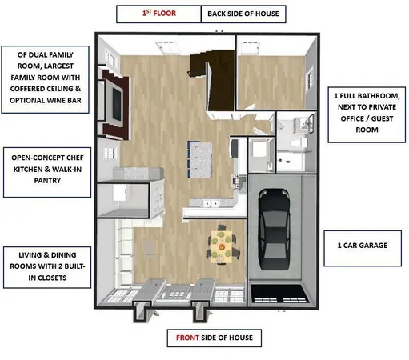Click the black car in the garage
(x=275, y=226)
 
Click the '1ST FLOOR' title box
(x=157, y=14)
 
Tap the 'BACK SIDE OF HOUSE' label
(x=244, y=14)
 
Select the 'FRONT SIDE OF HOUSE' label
(x=214, y=338)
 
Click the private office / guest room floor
(x=272, y=72)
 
